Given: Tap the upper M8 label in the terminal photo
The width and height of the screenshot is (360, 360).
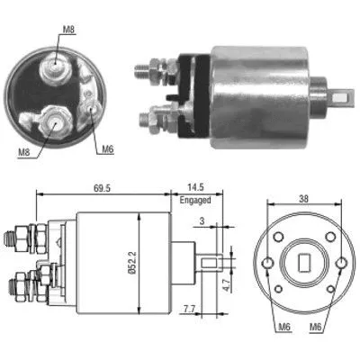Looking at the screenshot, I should pos(69,31).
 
